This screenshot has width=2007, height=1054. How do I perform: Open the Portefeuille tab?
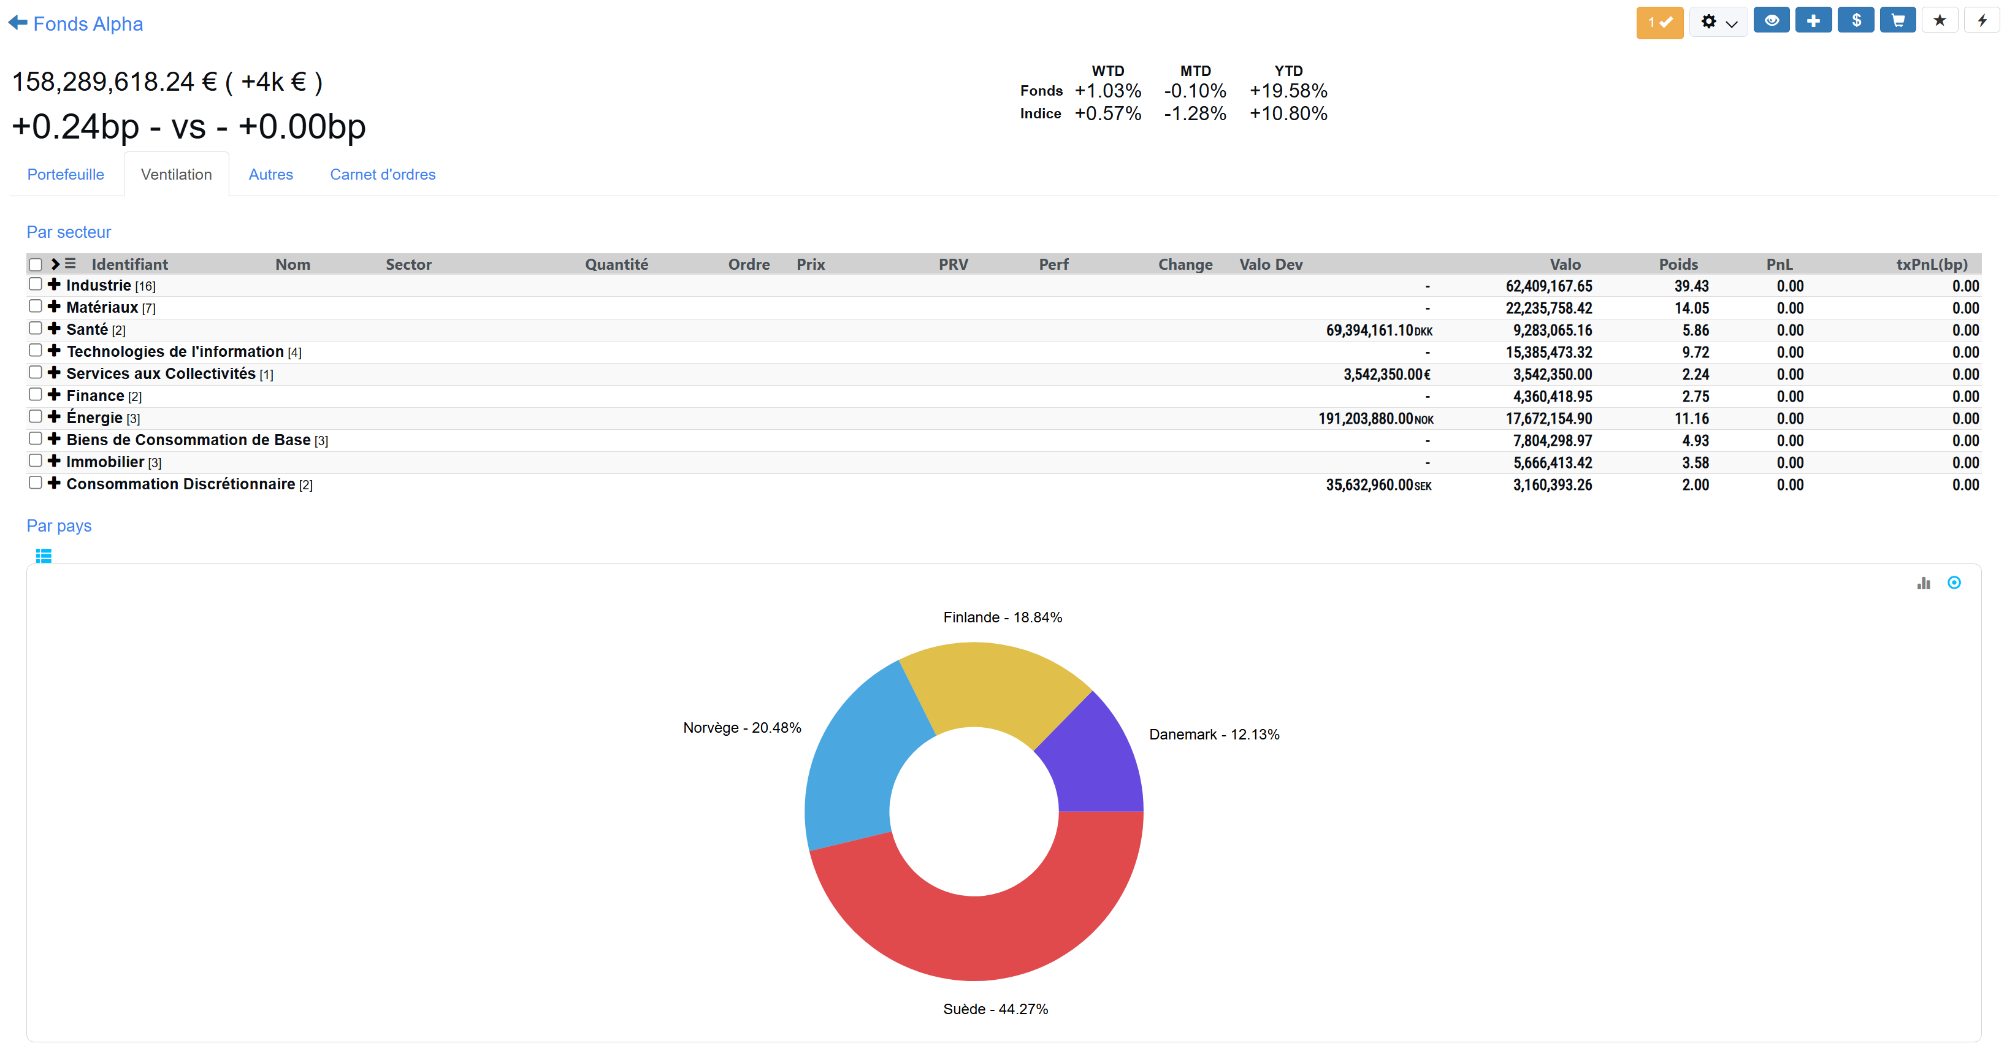tap(66, 175)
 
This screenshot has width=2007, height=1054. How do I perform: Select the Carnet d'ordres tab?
tap(383, 175)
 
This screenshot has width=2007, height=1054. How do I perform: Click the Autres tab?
tap(270, 175)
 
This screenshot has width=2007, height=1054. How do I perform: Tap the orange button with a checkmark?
tap(1659, 22)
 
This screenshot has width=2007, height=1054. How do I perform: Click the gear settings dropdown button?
tap(1719, 22)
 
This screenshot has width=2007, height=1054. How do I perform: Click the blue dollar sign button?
tap(1856, 20)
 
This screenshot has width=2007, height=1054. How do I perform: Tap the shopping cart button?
tap(1898, 20)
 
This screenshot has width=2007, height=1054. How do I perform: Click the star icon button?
tap(1940, 20)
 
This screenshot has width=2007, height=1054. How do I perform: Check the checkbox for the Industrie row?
tap(35, 285)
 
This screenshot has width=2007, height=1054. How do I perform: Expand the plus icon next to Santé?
tap(54, 329)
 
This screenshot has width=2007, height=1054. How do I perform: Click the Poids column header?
tap(1678, 264)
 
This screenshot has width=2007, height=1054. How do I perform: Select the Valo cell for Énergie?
tap(1549, 418)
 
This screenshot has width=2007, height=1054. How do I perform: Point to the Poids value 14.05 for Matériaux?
tap(1691, 308)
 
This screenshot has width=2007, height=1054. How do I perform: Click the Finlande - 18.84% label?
tap(1003, 617)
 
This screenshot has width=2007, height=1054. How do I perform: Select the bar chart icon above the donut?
tap(1924, 582)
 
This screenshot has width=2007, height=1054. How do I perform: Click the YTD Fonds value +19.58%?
tap(1289, 91)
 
